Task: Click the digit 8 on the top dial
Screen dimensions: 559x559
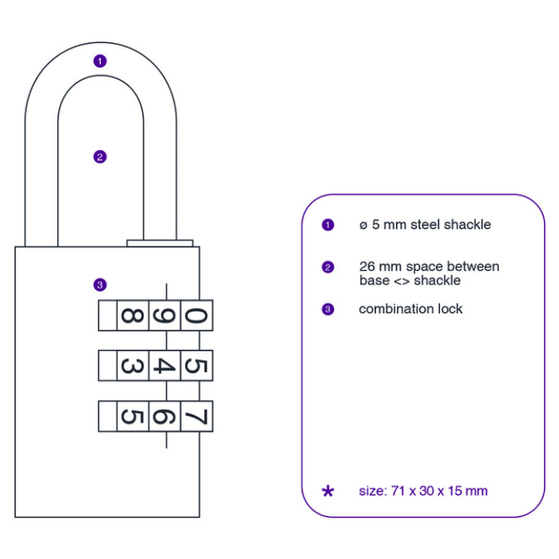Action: (131, 315)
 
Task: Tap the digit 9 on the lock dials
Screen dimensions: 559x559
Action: (163, 315)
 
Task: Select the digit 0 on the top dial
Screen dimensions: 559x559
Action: (196, 315)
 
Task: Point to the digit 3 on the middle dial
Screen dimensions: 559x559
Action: (131, 367)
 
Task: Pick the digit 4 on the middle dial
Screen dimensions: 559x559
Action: (163, 367)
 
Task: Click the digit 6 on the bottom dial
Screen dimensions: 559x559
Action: (163, 416)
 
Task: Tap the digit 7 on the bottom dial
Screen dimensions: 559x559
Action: (196, 416)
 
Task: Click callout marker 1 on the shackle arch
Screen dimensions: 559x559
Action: (99, 61)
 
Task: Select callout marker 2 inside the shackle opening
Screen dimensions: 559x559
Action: (99, 157)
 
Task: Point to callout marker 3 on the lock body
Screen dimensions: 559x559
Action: (99, 284)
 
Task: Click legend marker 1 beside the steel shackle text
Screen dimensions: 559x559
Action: (327, 225)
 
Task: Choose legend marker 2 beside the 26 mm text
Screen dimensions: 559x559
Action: (327, 268)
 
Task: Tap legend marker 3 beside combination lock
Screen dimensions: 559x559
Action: (327, 309)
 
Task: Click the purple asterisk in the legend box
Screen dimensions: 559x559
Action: (327, 491)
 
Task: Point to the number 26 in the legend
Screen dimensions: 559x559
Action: (367, 267)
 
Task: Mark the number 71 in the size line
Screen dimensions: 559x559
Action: (396, 491)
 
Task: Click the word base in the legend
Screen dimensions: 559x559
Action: (373, 280)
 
